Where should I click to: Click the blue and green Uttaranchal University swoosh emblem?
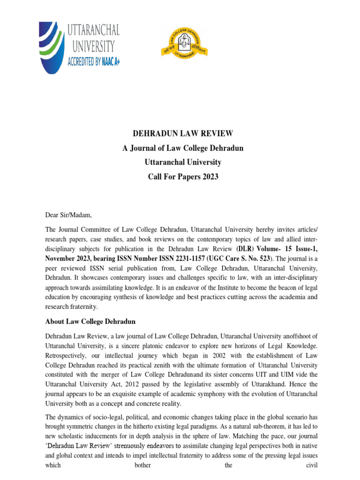click(x=51, y=47)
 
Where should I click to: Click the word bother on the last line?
click(x=143, y=466)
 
